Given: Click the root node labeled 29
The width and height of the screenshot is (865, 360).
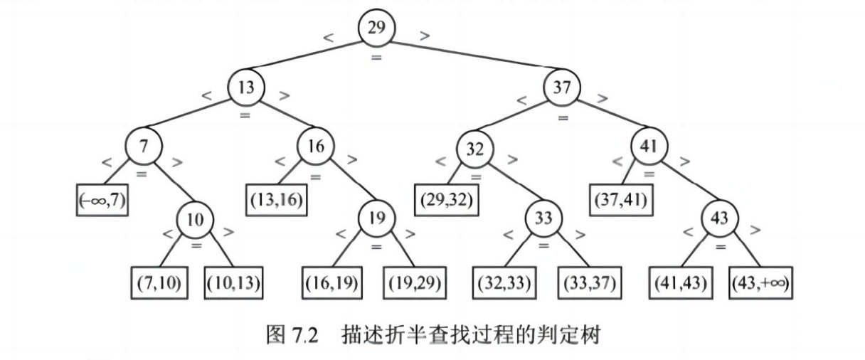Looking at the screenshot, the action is (x=376, y=28).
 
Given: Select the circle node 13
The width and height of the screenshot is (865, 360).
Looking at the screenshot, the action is (x=246, y=88).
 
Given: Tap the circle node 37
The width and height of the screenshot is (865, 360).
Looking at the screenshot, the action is (x=562, y=88).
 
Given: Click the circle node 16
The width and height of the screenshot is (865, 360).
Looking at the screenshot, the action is (x=316, y=147).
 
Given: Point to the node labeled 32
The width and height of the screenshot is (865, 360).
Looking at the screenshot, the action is (x=476, y=149).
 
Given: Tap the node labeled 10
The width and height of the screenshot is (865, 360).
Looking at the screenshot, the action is (x=195, y=218).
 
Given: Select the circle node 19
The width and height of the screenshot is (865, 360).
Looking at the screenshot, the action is (x=376, y=218).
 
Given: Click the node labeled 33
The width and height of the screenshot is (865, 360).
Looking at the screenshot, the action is (x=544, y=218).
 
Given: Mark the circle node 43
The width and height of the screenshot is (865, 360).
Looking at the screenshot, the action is (x=721, y=218).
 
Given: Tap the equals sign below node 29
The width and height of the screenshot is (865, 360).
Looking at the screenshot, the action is (x=376, y=55).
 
